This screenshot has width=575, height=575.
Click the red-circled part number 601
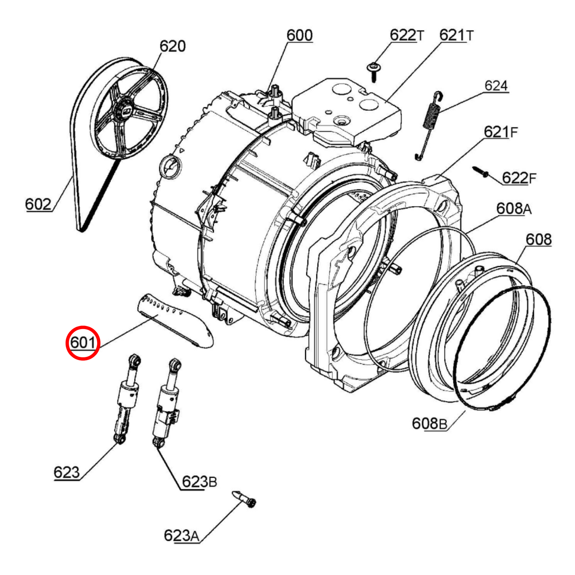coord(83,343)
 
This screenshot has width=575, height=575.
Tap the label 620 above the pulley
coord(172,46)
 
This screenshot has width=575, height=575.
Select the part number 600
coord(300,35)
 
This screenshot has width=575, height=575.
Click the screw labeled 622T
coord(373,72)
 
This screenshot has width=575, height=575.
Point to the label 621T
coord(456,35)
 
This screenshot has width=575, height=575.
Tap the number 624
coord(496,86)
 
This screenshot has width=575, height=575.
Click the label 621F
coord(501,132)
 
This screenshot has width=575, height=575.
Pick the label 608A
coord(514,208)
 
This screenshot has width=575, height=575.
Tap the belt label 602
coord(38,205)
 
